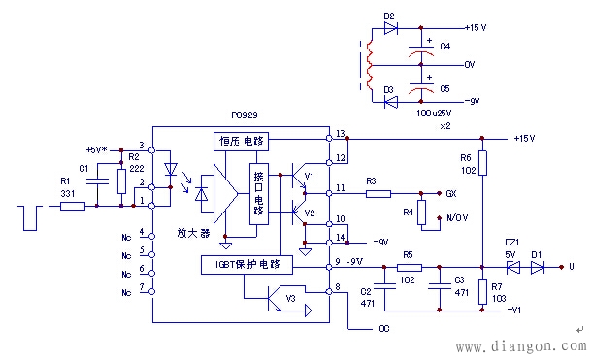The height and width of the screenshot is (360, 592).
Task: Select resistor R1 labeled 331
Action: pyautogui.click(x=72, y=206)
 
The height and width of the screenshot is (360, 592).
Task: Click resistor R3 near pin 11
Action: pyautogui.click(x=378, y=194)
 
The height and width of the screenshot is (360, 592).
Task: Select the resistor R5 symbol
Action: pyautogui.click(x=410, y=266)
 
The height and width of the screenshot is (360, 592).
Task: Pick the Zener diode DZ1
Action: pyautogui.click(x=511, y=266)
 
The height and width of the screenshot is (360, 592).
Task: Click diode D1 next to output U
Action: pyautogui.click(x=543, y=266)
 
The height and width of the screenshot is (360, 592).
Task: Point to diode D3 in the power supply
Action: pyautogui.click(x=390, y=100)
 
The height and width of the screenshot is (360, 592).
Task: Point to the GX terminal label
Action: pyautogui.click(x=450, y=194)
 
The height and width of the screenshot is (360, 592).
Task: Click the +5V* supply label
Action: pyautogui.click(x=98, y=150)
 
